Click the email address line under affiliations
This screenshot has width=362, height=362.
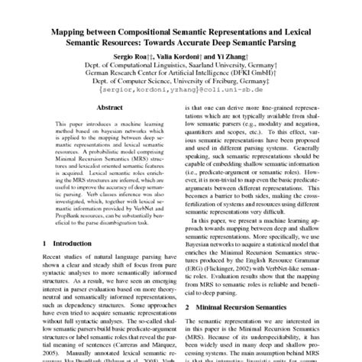click(x=181, y=93)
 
